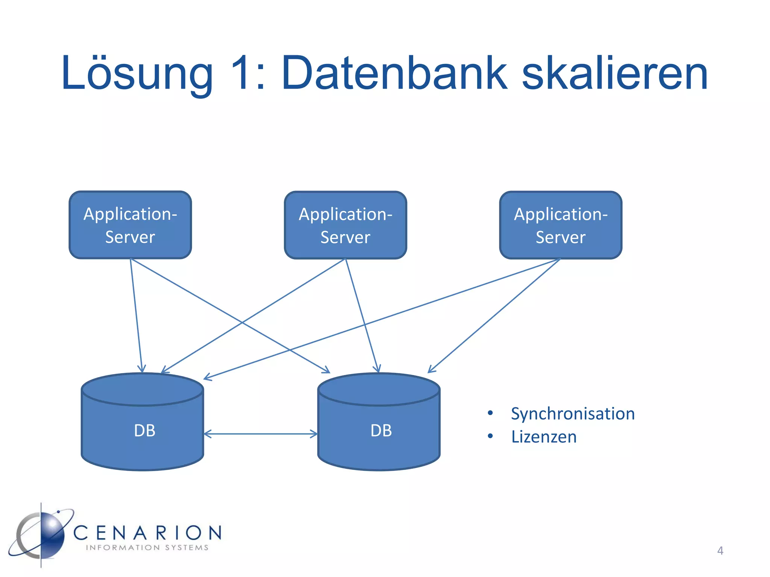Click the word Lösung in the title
point(137,73)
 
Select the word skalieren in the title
point(615,73)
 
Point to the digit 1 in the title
point(241,73)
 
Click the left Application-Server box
point(130,225)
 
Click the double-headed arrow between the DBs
point(261,434)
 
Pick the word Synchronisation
point(573,414)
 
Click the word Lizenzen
point(544,437)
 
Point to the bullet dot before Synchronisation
point(490,413)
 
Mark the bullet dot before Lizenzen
point(490,436)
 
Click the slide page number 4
point(720,551)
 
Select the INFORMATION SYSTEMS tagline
point(147,548)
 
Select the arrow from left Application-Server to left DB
point(136,316)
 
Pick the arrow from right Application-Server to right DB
point(494,316)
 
